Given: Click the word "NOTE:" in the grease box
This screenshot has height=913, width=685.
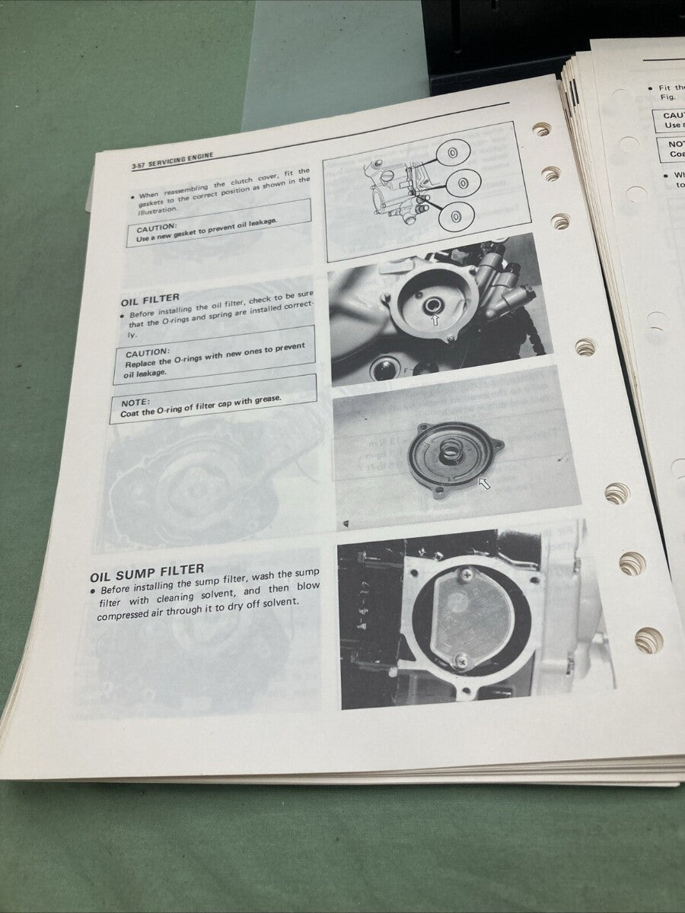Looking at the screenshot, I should coord(136,402).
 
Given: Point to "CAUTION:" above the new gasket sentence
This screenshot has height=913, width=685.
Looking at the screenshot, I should coord(158,227).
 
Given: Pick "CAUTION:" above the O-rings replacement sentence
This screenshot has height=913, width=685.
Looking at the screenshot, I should coord(148,353).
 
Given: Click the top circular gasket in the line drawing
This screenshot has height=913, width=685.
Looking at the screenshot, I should coord(452,152).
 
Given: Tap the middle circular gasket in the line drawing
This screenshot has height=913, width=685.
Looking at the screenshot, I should coord(461,184).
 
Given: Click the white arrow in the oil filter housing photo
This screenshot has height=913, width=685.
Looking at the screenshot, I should coord(435,320).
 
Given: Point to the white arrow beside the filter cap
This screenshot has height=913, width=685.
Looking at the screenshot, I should coord(484,483).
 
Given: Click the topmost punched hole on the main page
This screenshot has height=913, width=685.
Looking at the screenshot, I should coord(541,129).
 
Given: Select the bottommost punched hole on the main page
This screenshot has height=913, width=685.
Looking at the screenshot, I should coord(648,640).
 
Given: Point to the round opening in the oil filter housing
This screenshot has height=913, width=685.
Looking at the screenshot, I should coord(433,305).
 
